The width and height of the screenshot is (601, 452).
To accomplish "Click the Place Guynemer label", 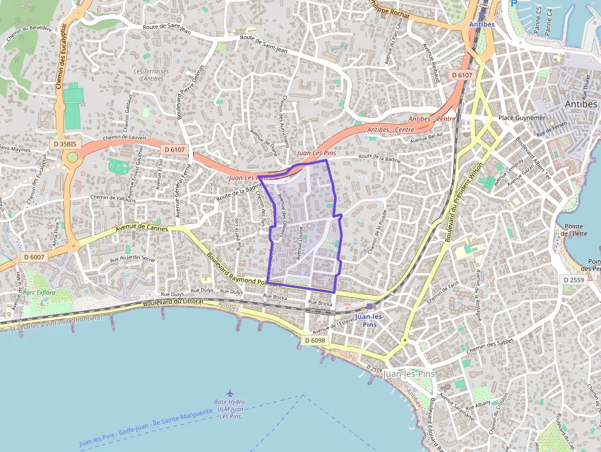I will tap(521, 117).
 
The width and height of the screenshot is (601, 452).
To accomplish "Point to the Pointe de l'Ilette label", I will tap(575, 229).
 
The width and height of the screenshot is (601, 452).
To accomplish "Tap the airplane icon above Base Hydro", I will tap(230, 393).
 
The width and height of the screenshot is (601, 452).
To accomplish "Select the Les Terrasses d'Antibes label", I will tap(148, 74).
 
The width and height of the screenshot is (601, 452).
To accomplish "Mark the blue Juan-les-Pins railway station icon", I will tap(369, 306).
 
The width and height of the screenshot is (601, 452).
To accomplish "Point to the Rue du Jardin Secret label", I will tap(132, 259).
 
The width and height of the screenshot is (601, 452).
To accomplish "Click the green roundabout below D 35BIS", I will tap(72, 158).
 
